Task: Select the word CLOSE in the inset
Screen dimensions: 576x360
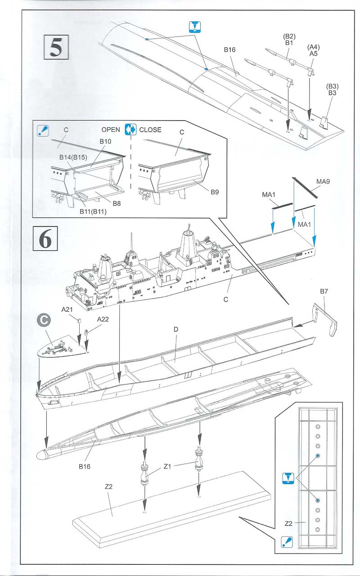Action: pos(150,129)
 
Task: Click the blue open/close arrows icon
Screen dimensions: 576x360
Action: pos(130,129)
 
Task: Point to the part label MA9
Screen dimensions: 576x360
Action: pos(323,182)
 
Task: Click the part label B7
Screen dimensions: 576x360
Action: pos(324,292)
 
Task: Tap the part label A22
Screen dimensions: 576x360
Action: pos(104,319)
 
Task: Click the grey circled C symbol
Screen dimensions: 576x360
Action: pos(43,321)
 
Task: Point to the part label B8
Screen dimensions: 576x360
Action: pos(117,203)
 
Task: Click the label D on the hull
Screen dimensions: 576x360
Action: pos(176,330)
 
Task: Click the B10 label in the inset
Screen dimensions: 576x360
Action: pos(105,141)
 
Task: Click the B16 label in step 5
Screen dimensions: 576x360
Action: pos(229,50)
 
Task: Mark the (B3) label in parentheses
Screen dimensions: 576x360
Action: pos(333,86)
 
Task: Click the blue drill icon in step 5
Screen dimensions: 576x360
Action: pos(193,27)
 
